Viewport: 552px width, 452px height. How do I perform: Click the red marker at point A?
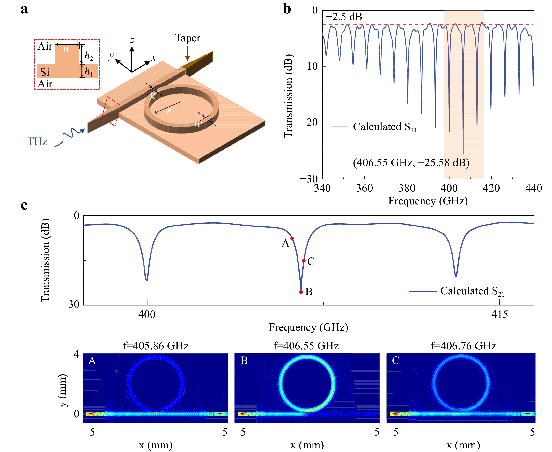pyautogui.click(x=292, y=238)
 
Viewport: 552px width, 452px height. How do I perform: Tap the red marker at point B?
pyautogui.click(x=301, y=292)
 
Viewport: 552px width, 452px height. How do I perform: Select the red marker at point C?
pyautogui.click(x=304, y=260)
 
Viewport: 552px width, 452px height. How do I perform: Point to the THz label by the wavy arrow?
pyautogui.click(x=37, y=141)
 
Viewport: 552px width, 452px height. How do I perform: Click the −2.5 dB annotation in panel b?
pyautogui.click(x=344, y=17)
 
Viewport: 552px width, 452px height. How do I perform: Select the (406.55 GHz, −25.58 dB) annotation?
pyautogui.click(x=411, y=163)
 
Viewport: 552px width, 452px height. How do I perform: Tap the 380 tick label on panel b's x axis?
pyautogui.click(x=407, y=188)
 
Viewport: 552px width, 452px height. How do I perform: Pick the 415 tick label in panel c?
pyautogui.click(x=499, y=314)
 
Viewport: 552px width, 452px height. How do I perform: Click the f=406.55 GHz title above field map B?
pyautogui.click(x=306, y=346)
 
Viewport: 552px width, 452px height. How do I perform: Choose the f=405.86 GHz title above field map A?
pyautogui.click(x=156, y=346)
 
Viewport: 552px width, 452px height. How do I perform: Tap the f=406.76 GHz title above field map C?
pyautogui.click(x=463, y=346)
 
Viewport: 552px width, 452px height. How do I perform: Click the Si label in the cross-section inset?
pyautogui.click(x=45, y=72)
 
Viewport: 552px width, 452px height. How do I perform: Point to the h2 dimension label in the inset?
pyautogui.click(x=89, y=56)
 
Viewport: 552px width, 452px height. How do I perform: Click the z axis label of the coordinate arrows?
pyautogui.click(x=132, y=40)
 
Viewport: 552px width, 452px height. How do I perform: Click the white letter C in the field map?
pyautogui.click(x=395, y=360)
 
